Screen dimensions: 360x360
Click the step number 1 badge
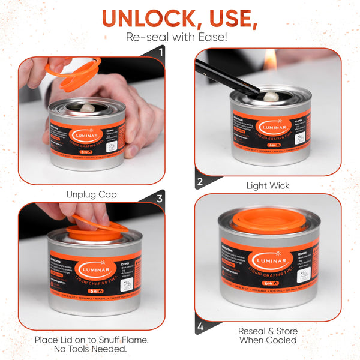pos(160,52)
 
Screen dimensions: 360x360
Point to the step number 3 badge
pos(160,198)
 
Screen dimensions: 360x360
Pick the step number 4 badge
pos(200,328)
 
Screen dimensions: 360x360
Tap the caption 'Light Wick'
pos(268,186)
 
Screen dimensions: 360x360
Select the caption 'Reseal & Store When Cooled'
pos(268,335)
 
